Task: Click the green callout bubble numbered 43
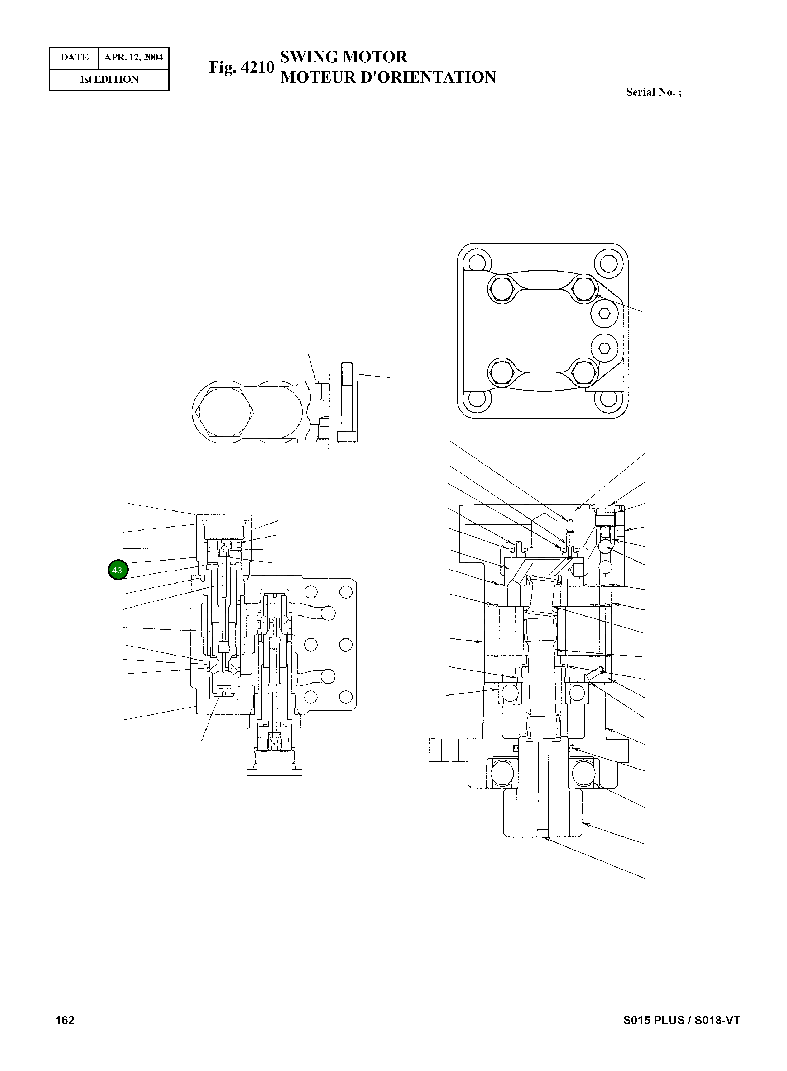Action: pyautogui.click(x=118, y=570)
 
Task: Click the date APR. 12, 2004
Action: pyautogui.click(x=133, y=58)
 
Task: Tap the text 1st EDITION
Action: pyautogui.click(x=109, y=79)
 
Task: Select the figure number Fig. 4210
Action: pyautogui.click(x=242, y=67)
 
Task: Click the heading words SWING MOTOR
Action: pyautogui.click(x=343, y=57)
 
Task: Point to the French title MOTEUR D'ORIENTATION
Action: pyautogui.click(x=388, y=77)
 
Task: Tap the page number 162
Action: pyautogui.click(x=65, y=1020)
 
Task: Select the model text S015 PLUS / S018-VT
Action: pyautogui.click(x=681, y=1020)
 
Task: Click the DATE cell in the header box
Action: pyautogui.click(x=74, y=58)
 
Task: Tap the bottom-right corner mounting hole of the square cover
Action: pyautogui.click(x=608, y=398)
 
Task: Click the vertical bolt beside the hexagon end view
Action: pyautogui.click(x=347, y=402)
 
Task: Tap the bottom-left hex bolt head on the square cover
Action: pyautogui.click(x=501, y=372)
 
